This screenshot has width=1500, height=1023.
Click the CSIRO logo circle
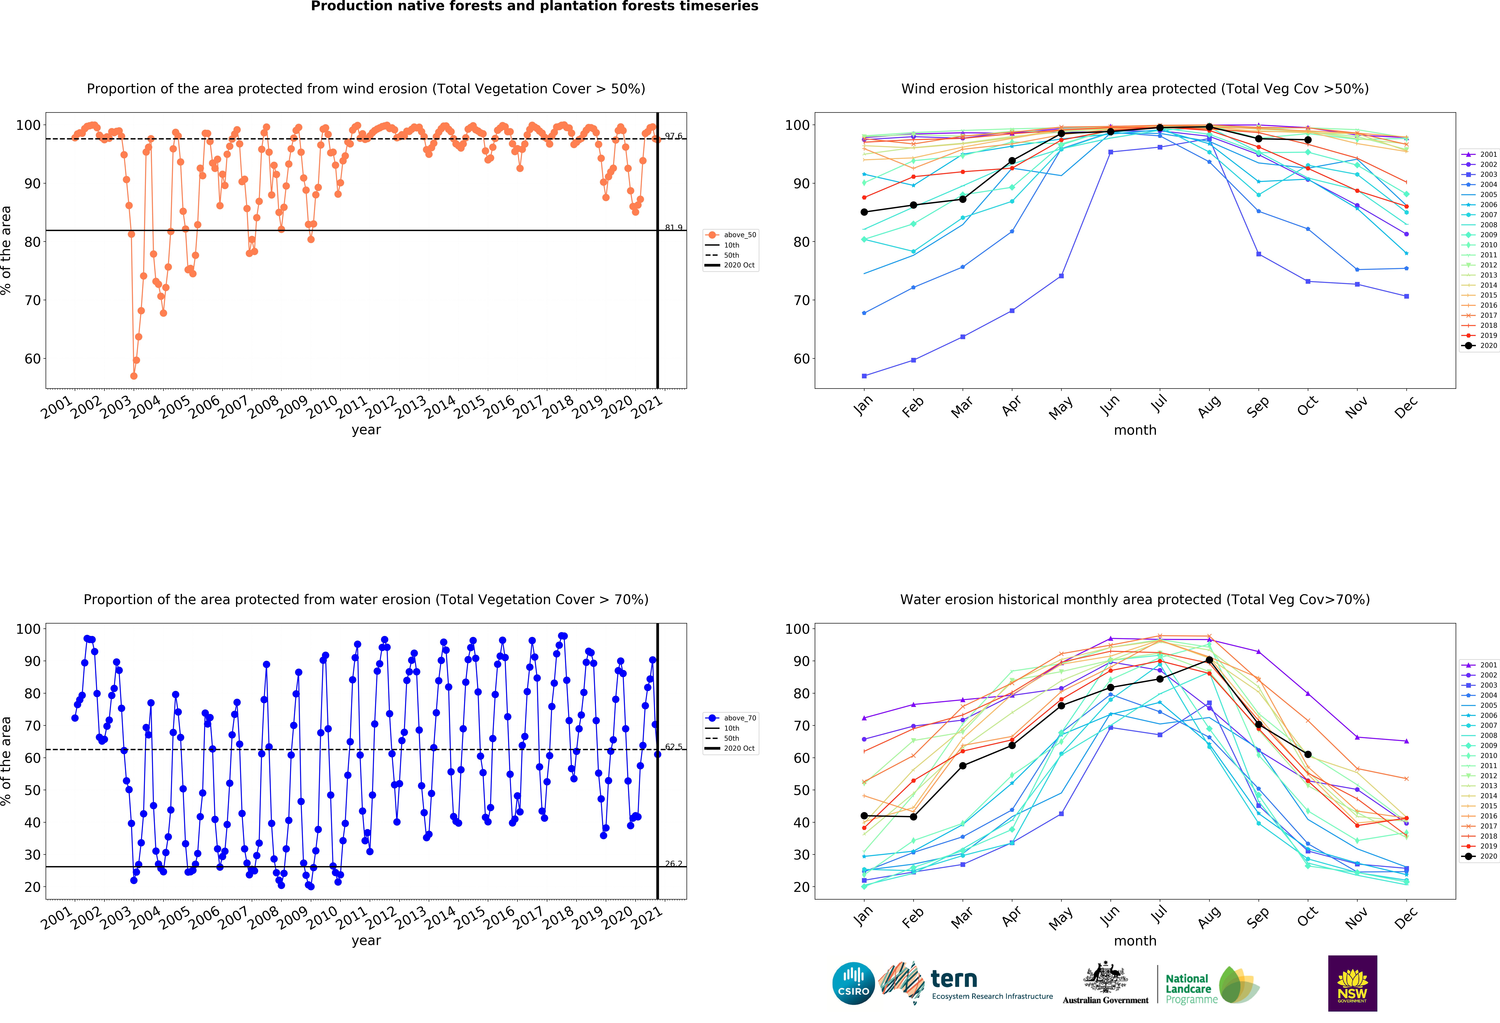pos(853,984)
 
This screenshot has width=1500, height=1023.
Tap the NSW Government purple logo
pos(1352,983)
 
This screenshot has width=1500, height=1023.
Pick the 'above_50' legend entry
pos(739,235)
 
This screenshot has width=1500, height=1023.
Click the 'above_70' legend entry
pos(739,718)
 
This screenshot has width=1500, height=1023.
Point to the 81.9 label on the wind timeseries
pos(673,227)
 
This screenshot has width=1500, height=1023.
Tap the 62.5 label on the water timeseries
pos(673,747)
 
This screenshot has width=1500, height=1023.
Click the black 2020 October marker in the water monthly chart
pos(1308,754)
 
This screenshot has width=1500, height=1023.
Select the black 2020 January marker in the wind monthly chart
pos(864,212)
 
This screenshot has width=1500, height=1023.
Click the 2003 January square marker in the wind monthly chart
pos(864,376)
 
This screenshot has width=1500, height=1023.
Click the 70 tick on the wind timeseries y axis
pos(32,300)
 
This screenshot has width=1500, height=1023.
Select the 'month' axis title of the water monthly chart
pos(1135,941)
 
